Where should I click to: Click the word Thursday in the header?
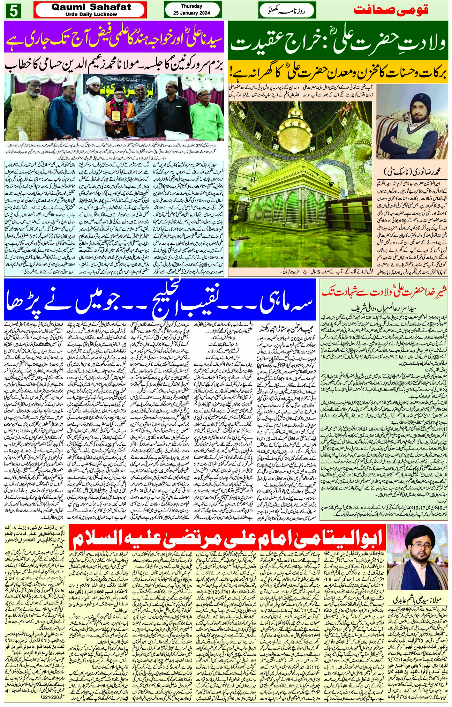(x=188, y=7)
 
